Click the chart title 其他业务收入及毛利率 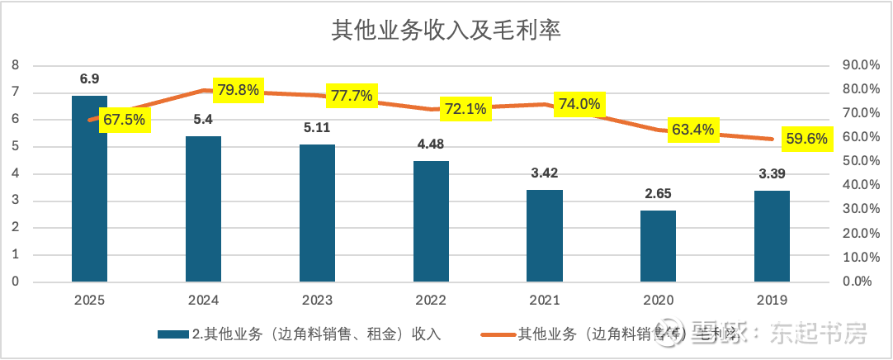point(446,31)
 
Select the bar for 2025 point(89,189)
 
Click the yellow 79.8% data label point(237,90)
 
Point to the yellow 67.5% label point(123,120)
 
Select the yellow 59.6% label point(806,139)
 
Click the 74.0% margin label point(579,104)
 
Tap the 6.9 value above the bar point(89,80)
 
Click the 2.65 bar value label point(658,195)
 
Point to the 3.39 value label point(772,175)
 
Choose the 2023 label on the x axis point(317,301)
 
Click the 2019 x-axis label point(772,301)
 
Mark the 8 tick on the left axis point(14,65)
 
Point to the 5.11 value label point(317,129)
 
